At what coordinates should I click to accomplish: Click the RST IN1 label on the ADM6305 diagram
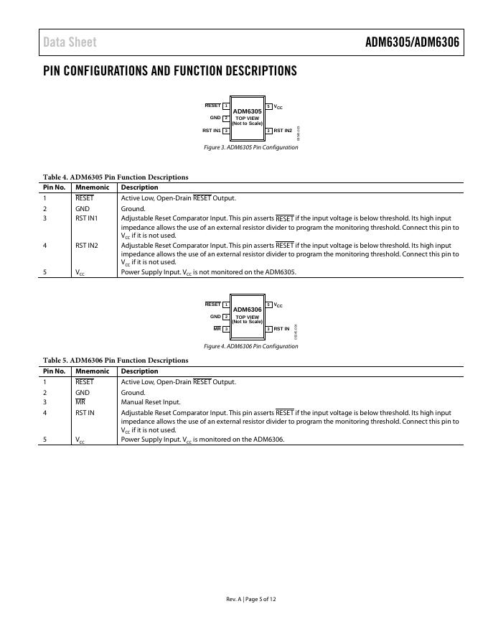(211, 131)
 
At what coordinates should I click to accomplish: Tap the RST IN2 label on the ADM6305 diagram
(283, 131)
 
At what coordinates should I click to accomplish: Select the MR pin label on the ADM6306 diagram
(217, 328)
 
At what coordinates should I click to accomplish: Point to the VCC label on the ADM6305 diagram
(278, 106)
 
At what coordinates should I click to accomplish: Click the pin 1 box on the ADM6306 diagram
(226, 305)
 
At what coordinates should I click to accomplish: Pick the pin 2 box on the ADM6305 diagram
(226, 118)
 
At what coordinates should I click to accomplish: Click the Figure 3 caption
(250, 147)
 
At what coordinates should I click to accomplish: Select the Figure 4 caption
(250, 346)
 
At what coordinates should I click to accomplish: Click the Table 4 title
(116, 177)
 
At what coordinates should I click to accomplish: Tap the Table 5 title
(116, 361)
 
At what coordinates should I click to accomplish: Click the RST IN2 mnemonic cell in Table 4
(86, 246)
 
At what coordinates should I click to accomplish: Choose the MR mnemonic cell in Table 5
(80, 402)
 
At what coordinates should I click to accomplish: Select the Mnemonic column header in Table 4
(92, 187)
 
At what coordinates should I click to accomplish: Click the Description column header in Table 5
(139, 371)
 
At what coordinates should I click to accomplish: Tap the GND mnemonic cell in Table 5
(83, 393)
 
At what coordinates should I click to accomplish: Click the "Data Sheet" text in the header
(70, 42)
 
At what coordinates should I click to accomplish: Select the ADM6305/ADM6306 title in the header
(411, 42)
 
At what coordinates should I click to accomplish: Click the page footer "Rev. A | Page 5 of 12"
(250, 599)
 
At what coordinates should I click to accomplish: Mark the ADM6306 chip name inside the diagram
(248, 310)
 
